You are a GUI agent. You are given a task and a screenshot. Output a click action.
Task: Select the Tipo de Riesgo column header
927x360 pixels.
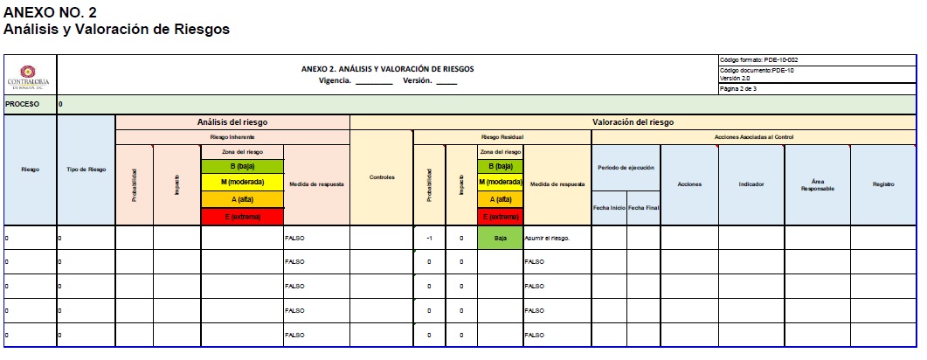pyautogui.click(x=86, y=170)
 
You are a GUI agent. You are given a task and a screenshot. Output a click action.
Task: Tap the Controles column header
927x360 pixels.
pyautogui.click(x=382, y=177)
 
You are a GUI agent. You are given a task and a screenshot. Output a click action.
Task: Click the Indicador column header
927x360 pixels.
pyautogui.click(x=751, y=184)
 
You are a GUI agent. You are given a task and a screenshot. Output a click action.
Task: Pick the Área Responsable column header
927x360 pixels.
pyautogui.click(x=817, y=185)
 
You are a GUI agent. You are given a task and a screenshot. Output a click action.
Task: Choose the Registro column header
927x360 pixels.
pyautogui.click(x=882, y=184)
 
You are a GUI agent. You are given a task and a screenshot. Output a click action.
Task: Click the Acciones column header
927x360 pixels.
pyautogui.click(x=689, y=184)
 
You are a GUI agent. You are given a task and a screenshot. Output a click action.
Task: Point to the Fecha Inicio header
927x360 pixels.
pyautogui.click(x=609, y=207)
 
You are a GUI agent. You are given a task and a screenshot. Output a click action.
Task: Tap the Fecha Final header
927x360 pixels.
pyautogui.click(x=643, y=207)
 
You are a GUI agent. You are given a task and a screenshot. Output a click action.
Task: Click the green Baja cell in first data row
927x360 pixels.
pyautogui.click(x=501, y=237)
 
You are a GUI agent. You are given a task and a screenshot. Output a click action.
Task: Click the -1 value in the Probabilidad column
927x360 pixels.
pyautogui.click(x=429, y=237)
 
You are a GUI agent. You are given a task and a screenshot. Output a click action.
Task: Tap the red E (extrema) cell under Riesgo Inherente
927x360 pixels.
pyautogui.click(x=242, y=216)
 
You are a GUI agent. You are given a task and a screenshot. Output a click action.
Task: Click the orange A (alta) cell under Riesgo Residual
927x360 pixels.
pyautogui.click(x=501, y=199)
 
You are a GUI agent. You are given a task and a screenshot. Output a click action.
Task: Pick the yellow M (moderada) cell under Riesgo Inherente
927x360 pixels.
pyautogui.click(x=242, y=183)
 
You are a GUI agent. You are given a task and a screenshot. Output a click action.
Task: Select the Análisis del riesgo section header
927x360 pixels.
pyautogui.click(x=232, y=122)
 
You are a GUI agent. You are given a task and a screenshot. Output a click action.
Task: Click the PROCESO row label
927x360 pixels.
pyautogui.click(x=23, y=104)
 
